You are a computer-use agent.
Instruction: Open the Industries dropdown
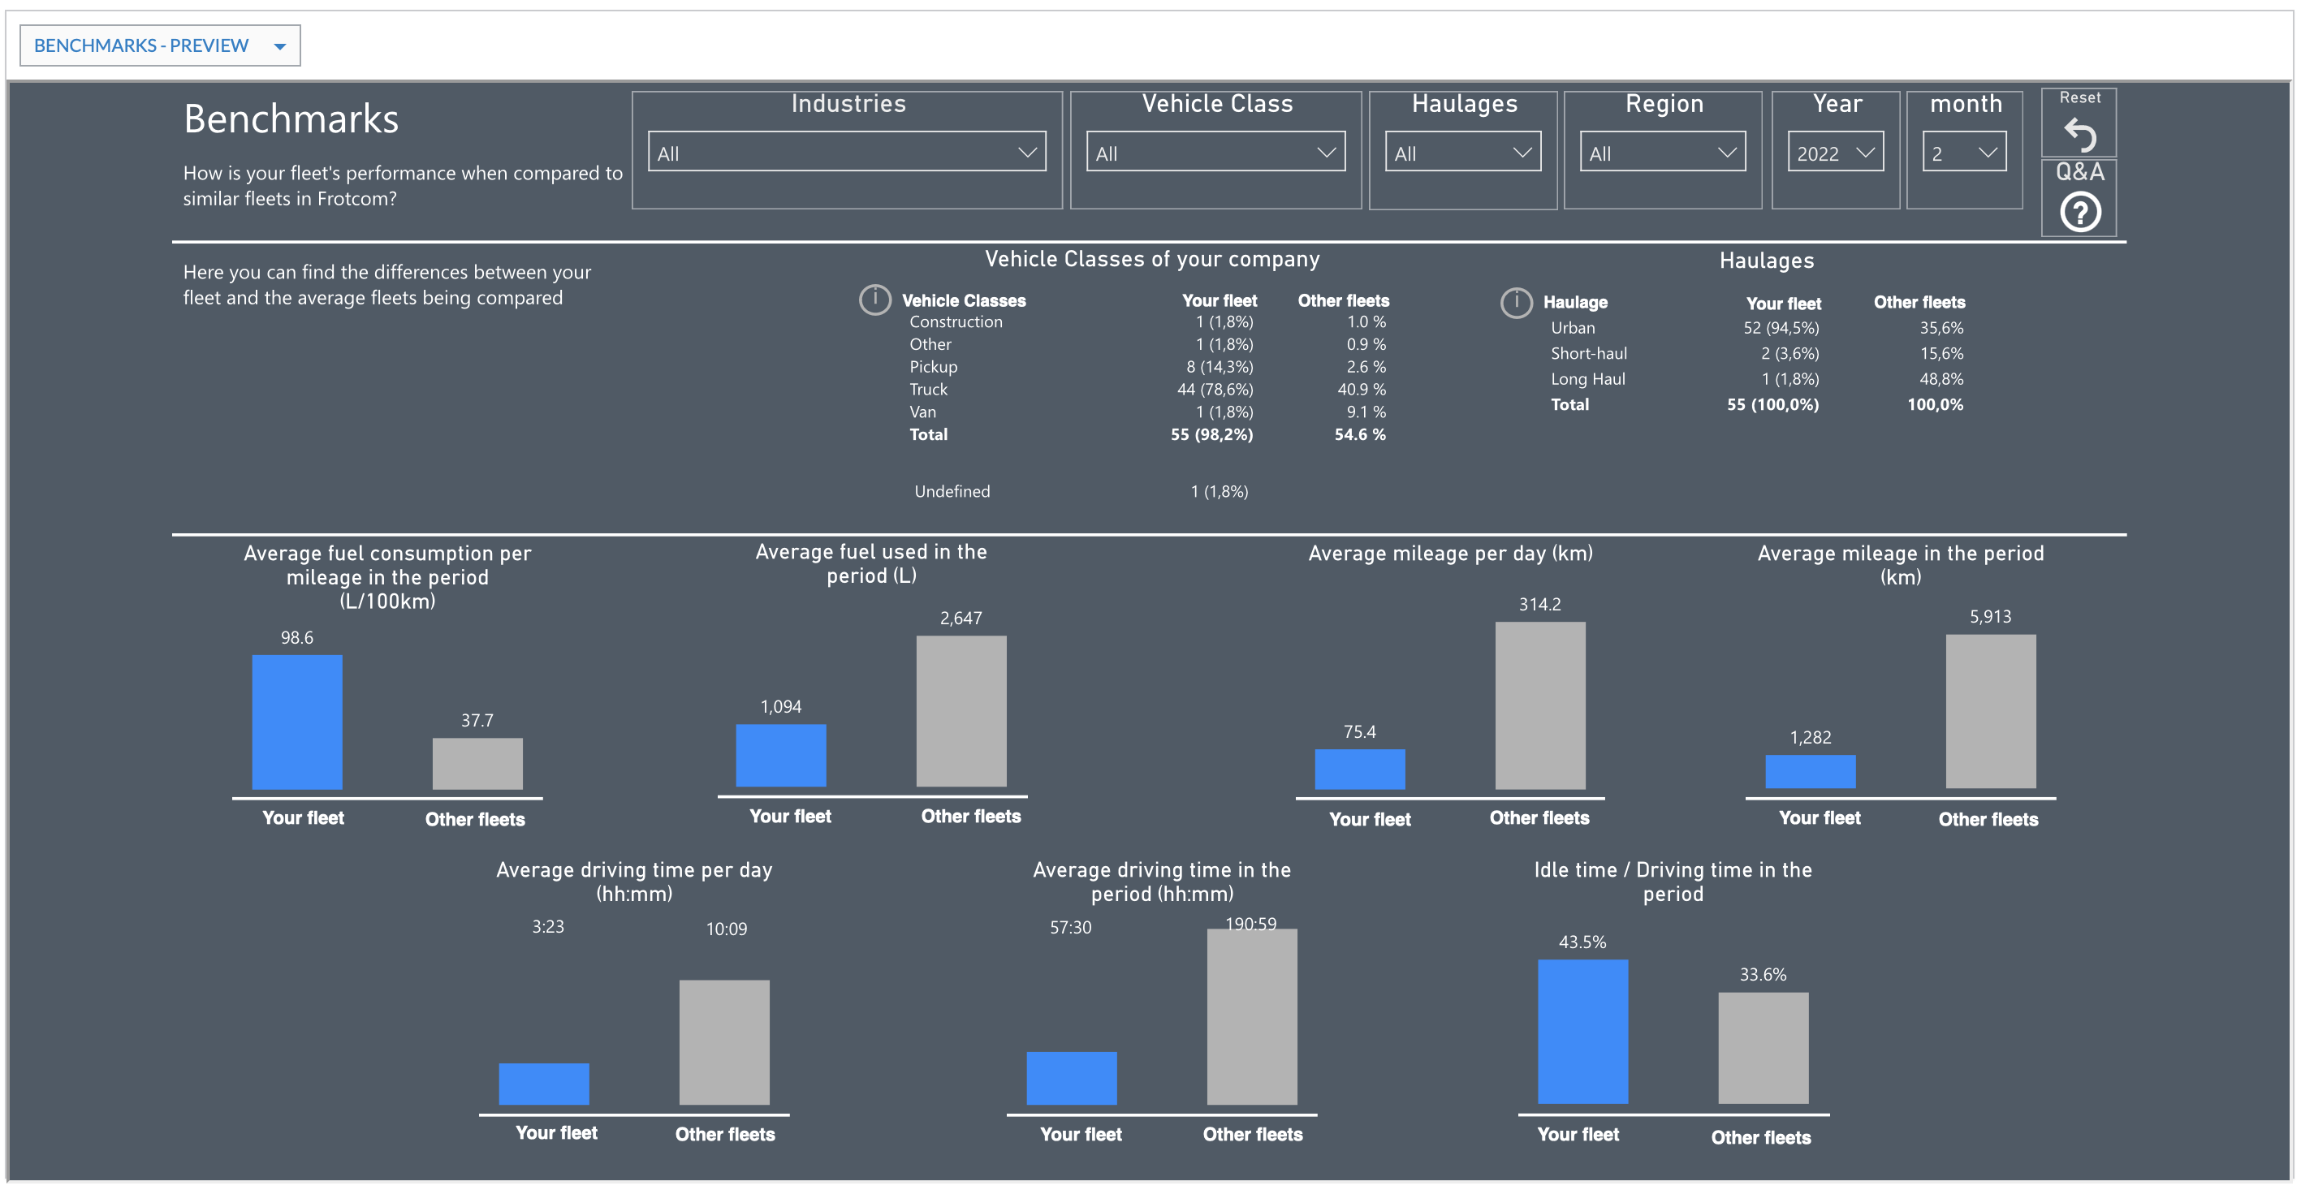click(x=847, y=153)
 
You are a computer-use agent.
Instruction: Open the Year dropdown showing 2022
click(x=1836, y=153)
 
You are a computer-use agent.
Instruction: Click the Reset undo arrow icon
click(x=2079, y=134)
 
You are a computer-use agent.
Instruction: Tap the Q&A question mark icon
click(x=2080, y=213)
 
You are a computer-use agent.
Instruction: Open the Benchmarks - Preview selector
click(x=160, y=45)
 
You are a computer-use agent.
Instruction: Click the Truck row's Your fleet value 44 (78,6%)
click(x=1215, y=390)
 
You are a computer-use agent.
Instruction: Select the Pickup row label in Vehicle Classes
click(x=934, y=367)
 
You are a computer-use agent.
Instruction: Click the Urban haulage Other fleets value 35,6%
click(x=1941, y=328)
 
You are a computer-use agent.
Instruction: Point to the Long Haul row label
click(x=1588, y=378)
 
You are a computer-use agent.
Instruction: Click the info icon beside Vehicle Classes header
click(x=875, y=300)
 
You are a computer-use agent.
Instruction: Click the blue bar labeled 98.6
click(x=297, y=722)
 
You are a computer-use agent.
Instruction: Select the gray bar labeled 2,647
click(x=961, y=712)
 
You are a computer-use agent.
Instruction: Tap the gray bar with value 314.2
click(x=1540, y=705)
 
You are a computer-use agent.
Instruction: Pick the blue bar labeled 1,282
click(x=1811, y=772)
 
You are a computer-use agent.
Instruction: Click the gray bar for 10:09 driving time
click(x=724, y=1043)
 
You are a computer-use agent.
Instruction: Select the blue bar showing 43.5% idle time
click(x=1582, y=1032)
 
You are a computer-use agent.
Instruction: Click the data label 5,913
click(x=1990, y=617)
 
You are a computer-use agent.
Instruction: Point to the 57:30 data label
click(x=1070, y=928)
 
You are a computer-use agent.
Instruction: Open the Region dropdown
click(x=1662, y=153)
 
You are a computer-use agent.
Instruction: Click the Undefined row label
click(x=952, y=491)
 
